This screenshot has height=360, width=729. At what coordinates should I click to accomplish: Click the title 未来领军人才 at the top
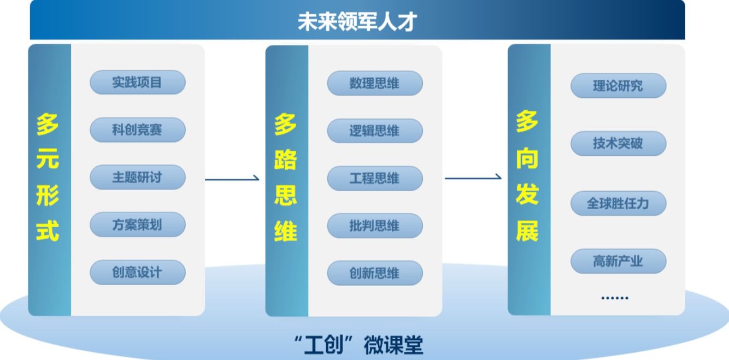(x=357, y=22)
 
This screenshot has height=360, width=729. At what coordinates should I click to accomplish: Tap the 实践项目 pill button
(x=137, y=82)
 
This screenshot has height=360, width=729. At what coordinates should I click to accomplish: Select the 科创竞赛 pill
(x=137, y=130)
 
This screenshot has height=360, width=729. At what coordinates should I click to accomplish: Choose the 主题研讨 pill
(x=137, y=178)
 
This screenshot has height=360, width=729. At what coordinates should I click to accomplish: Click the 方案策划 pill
(x=137, y=225)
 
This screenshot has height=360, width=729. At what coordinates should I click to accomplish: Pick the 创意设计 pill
(x=137, y=272)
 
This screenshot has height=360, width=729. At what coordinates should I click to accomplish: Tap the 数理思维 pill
(x=374, y=84)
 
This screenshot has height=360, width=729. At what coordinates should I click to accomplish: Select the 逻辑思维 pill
(x=374, y=131)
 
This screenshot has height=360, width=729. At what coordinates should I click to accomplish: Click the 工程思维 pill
(x=374, y=179)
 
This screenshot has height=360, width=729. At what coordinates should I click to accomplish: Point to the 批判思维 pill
(x=374, y=226)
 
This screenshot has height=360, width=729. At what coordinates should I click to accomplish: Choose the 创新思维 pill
(x=374, y=273)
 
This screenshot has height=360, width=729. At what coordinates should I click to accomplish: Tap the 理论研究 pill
(x=618, y=86)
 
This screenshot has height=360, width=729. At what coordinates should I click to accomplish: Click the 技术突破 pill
(x=618, y=144)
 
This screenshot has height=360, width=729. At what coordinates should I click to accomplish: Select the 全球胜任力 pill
(x=618, y=204)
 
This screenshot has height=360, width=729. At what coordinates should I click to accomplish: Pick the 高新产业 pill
(x=618, y=262)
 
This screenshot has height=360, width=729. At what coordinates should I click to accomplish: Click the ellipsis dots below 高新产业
(x=615, y=298)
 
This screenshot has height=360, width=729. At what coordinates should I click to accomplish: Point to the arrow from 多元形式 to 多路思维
(x=232, y=179)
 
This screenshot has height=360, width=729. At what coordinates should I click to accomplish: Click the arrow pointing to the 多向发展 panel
(x=473, y=178)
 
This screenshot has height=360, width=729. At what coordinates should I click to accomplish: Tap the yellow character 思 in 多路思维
(x=285, y=195)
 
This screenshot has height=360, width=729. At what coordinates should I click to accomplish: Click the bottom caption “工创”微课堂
(x=358, y=345)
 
